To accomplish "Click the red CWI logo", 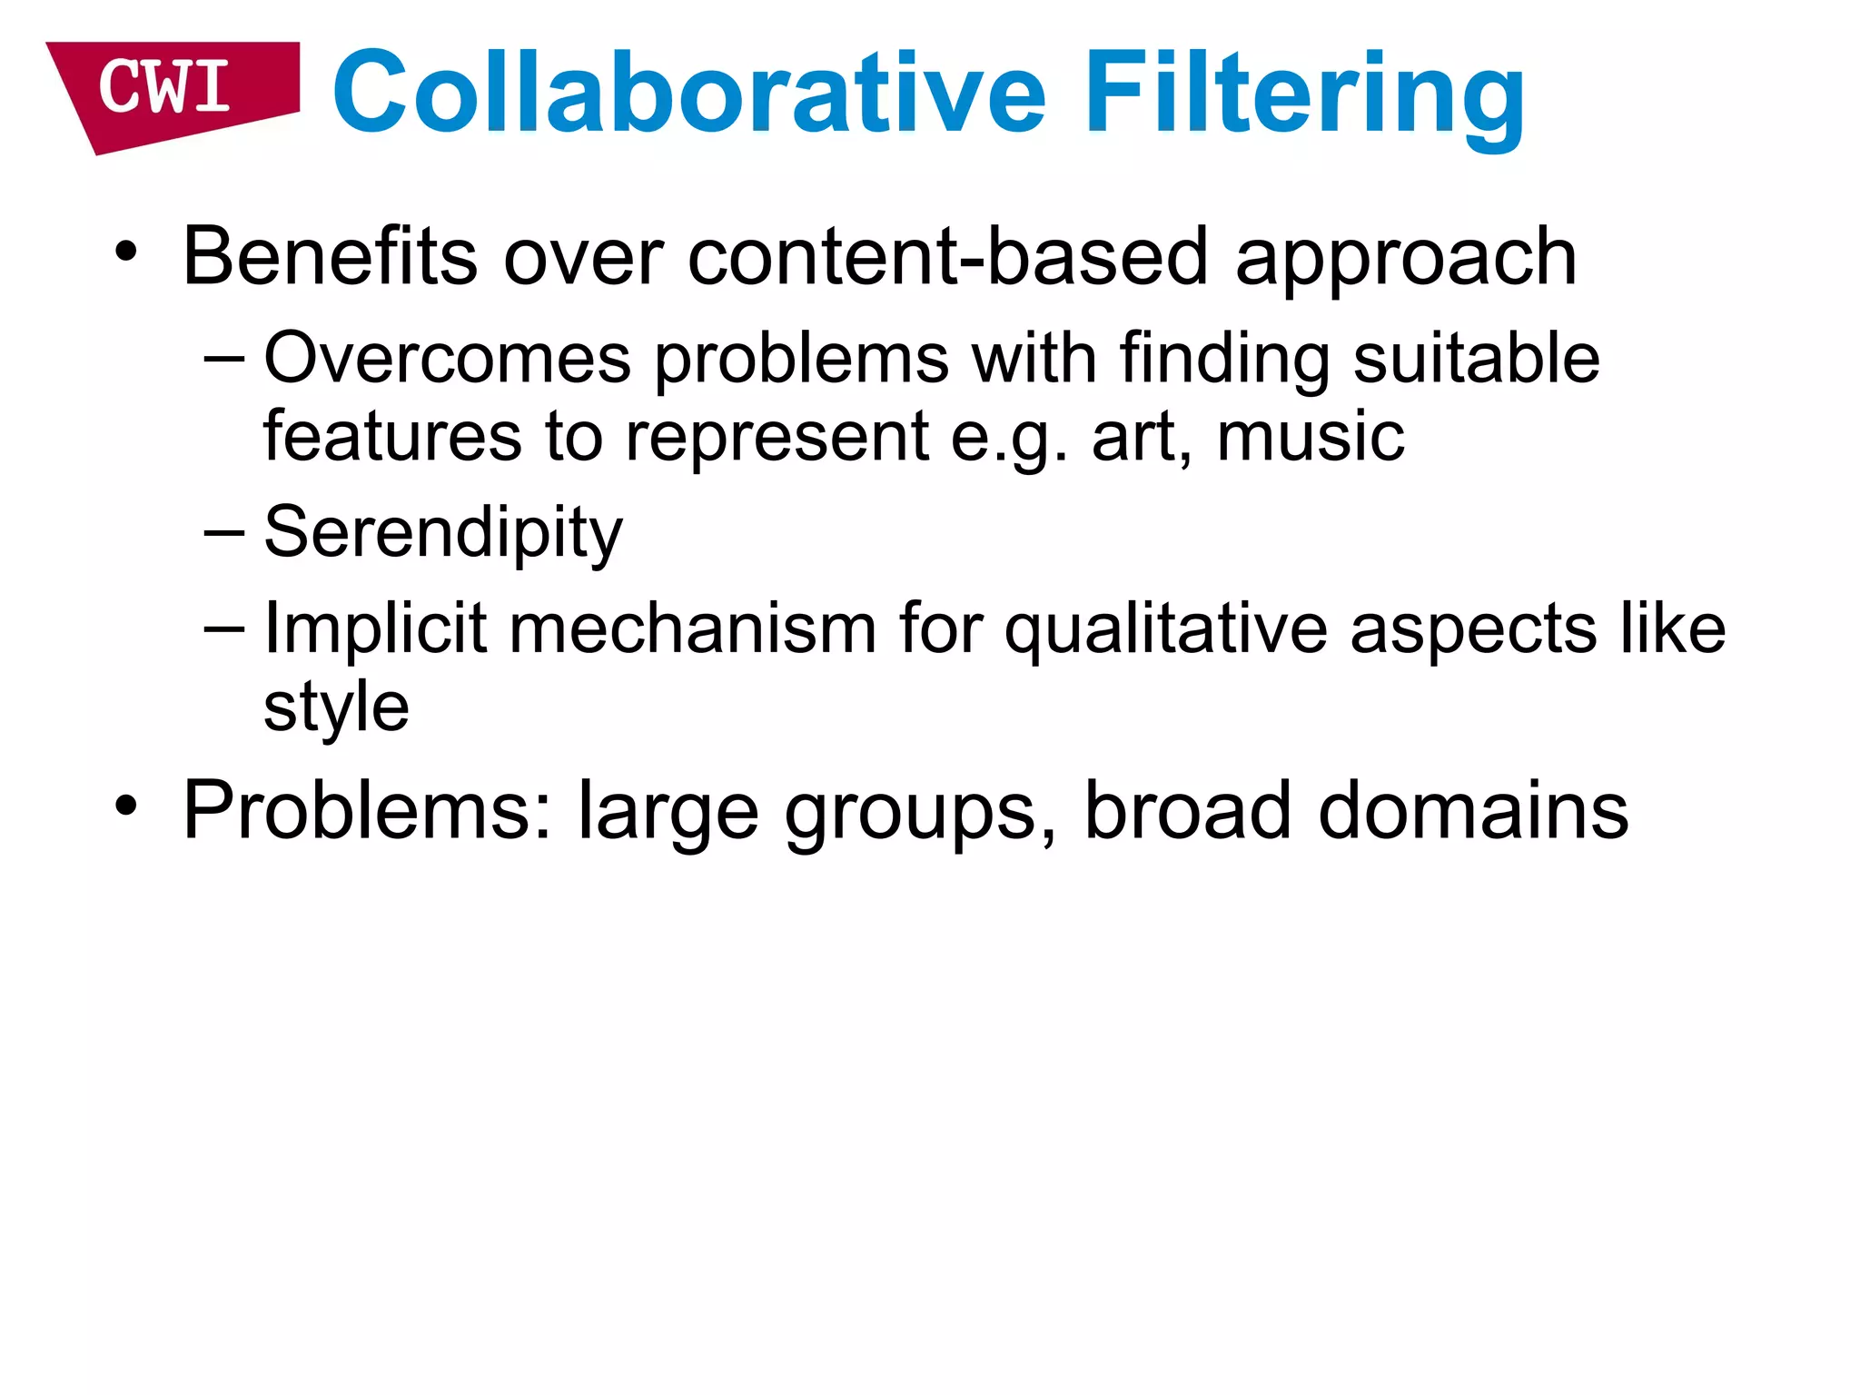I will pos(168,91).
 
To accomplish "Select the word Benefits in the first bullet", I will pos(330,257).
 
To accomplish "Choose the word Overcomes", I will pos(447,358).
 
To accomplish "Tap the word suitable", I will pos(1476,358).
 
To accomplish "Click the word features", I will pos(391,437).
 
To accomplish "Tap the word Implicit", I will pos(375,628).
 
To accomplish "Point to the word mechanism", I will pos(692,628).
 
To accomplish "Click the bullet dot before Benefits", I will pos(126,252).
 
